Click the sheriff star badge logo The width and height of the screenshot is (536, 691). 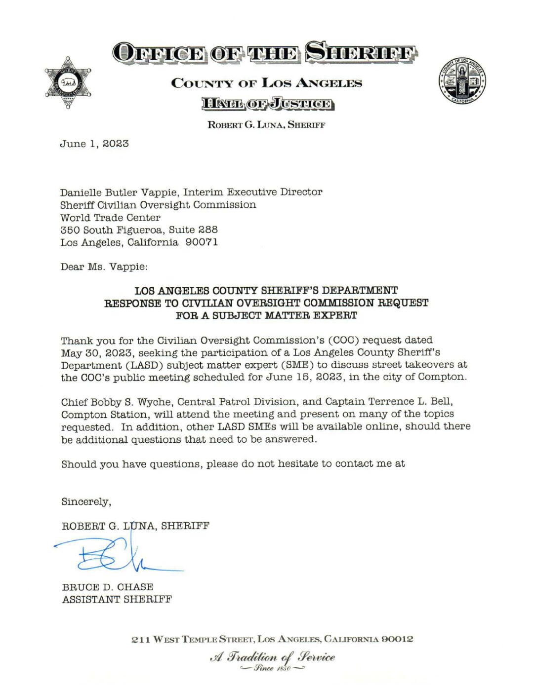(68, 82)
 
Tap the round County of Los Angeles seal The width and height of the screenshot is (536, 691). (461, 80)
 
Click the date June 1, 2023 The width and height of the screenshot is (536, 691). (94, 144)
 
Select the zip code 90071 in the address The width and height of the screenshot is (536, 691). (202, 242)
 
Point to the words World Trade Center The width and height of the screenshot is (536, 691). (110, 218)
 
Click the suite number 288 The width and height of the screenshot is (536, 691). (208, 230)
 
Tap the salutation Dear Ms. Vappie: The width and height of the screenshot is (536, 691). (104, 267)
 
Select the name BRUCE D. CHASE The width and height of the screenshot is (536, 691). (108, 587)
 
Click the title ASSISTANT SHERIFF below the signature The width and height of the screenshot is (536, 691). (117, 599)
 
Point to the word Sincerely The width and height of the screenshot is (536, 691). (85, 502)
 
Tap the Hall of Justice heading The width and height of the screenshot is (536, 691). (267, 104)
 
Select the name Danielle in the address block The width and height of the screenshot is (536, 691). (81, 192)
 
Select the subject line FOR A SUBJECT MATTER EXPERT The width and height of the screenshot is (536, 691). (266, 315)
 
